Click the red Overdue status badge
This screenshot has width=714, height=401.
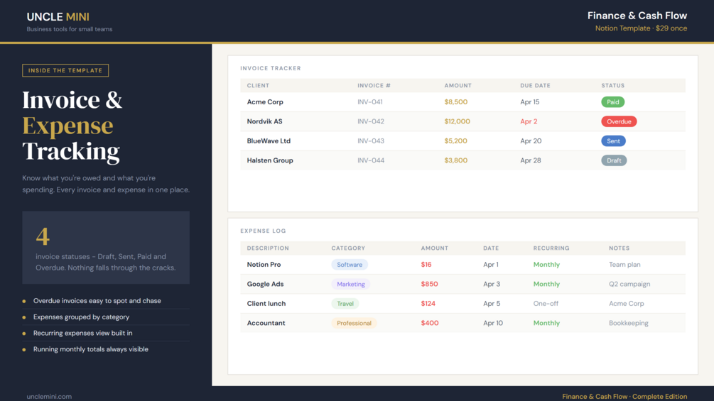point(619,121)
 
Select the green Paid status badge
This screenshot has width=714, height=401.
point(612,101)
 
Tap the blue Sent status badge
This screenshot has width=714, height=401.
point(613,141)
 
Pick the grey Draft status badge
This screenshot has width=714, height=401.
point(614,160)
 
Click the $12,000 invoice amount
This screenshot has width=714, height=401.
point(458,121)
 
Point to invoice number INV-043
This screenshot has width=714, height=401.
point(371,141)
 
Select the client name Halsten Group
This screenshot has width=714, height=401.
point(270,160)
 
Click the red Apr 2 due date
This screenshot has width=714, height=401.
point(529,121)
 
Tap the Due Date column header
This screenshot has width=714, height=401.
point(535,85)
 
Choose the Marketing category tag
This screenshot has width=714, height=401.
point(351,284)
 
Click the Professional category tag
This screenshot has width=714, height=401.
point(354,323)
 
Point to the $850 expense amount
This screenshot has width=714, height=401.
point(429,284)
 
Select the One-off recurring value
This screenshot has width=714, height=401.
point(546,304)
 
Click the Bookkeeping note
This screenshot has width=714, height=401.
point(629,323)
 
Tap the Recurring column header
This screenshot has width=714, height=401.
point(551,248)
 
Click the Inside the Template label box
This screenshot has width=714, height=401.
point(65,70)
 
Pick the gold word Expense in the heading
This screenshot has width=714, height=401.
point(68,126)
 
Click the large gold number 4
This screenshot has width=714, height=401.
point(43,236)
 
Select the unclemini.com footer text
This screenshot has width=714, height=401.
point(49,397)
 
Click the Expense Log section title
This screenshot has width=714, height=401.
point(263,231)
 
